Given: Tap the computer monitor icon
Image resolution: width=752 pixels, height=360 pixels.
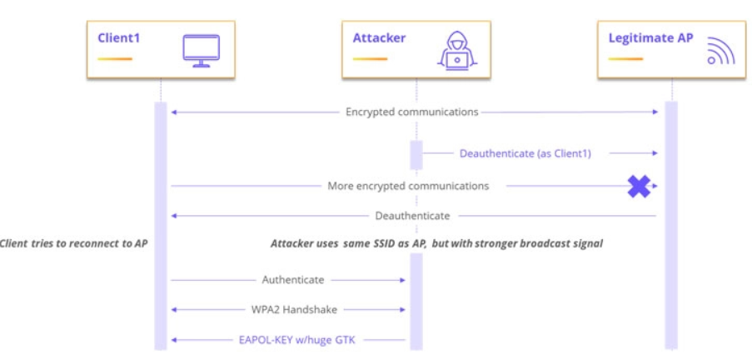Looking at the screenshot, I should tap(201, 49).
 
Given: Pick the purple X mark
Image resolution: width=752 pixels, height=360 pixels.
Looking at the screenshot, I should tap(639, 186).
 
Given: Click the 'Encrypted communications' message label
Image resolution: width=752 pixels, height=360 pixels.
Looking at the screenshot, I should tap(411, 112).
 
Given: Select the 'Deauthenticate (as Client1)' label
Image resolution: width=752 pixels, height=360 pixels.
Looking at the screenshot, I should tap(525, 153).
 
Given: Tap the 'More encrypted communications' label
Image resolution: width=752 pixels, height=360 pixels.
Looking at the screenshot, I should tap(408, 186).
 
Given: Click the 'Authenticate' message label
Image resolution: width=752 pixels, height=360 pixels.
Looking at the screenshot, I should tap(293, 280).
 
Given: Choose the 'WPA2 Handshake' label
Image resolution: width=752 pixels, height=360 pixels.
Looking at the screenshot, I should tap(293, 309).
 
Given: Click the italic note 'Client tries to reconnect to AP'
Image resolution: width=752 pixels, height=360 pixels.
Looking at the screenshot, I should tap(74, 244).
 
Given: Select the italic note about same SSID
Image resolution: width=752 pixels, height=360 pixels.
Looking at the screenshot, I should tap(436, 244).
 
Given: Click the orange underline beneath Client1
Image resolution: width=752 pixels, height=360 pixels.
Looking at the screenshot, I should tap(114, 59).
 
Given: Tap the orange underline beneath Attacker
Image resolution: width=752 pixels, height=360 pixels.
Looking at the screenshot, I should tap(370, 59).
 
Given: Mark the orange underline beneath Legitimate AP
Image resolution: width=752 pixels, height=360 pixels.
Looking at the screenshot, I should tap(626, 59).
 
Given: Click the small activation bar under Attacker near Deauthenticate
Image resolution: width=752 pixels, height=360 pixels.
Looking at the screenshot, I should tap(416, 155).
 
